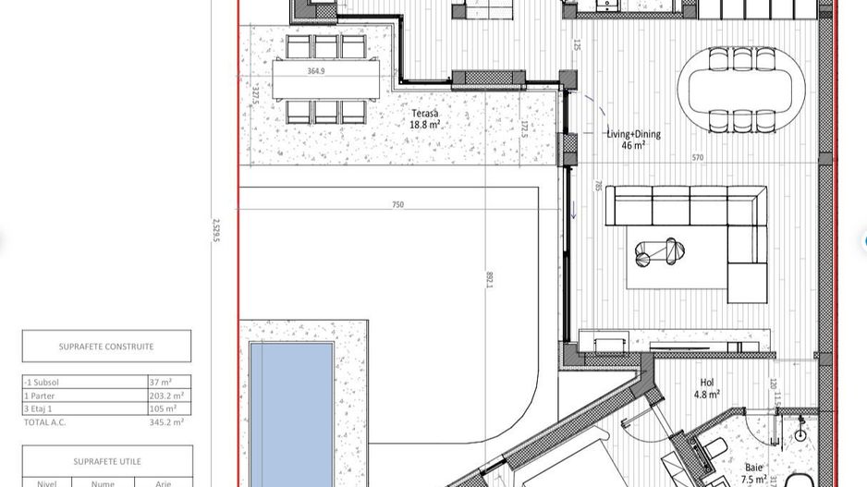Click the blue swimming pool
tap(291, 411)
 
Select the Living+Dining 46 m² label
tap(633, 139)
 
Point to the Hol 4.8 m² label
tap(707, 386)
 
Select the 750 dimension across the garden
tap(398, 204)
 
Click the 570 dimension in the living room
tap(698, 158)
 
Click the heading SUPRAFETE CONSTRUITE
tap(106, 347)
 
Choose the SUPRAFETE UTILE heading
tap(105, 460)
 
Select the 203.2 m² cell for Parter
tap(166, 396)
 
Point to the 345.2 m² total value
tap(166, 421)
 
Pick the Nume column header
tap(103, 482)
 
